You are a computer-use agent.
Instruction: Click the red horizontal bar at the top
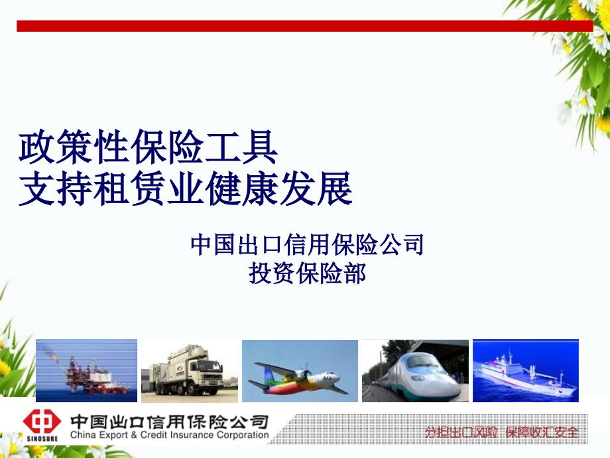(304, 26)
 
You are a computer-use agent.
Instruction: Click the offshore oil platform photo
(86, 370)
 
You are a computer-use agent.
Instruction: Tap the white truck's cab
(209, 373)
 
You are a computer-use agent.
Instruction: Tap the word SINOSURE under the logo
(42, 439)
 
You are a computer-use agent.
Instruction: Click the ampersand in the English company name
(134, 435)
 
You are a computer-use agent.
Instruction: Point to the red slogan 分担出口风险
(461, 432)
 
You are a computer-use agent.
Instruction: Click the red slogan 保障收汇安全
(542, 432)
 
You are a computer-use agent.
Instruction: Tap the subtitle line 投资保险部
(307, 273)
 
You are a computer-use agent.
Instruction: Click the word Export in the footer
(114, 435)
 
